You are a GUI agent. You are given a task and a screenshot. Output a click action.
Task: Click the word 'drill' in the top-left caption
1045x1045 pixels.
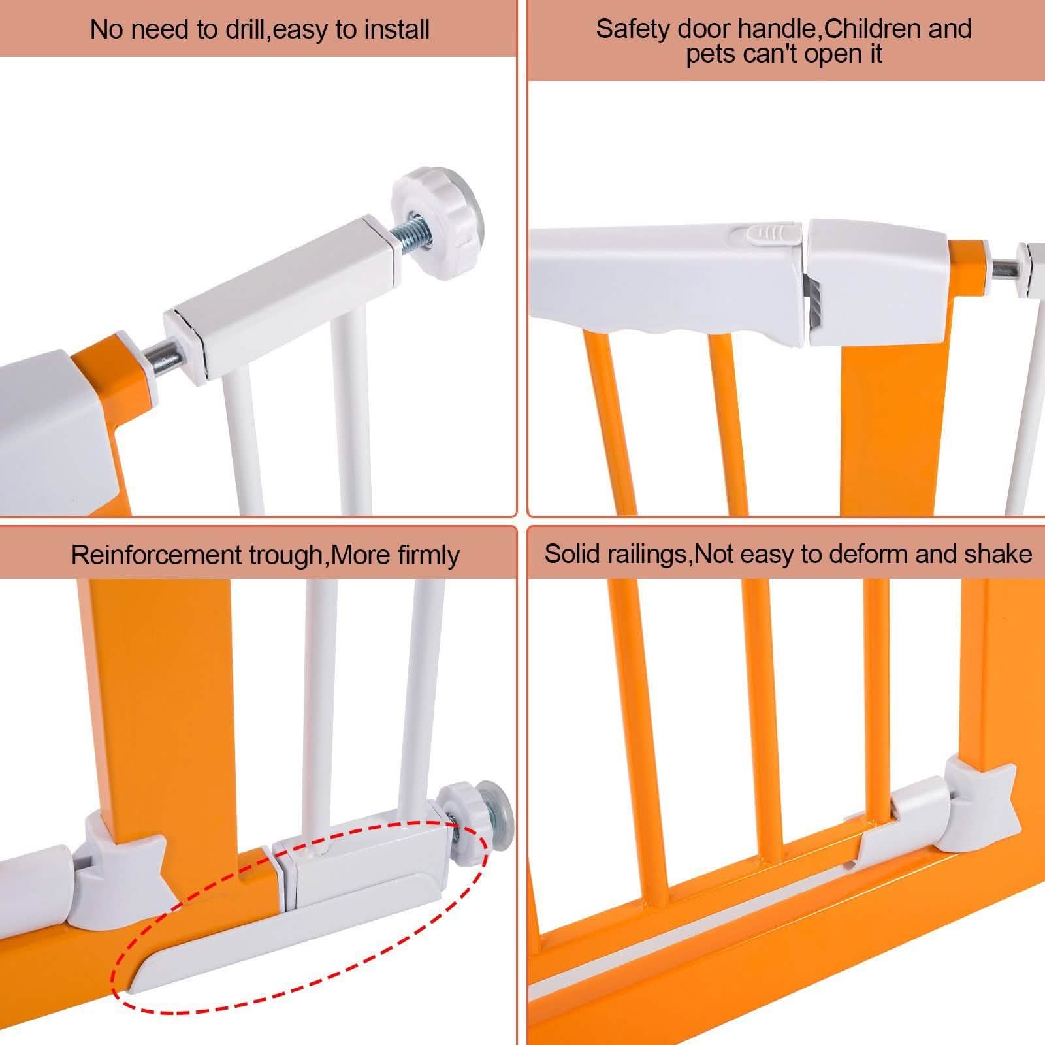click(244, 30)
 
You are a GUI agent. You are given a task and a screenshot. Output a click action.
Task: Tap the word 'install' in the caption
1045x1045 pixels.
click(397, 30)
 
